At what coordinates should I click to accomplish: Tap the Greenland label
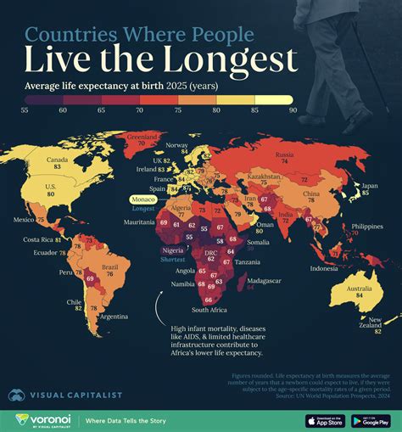click(x=142, y=136)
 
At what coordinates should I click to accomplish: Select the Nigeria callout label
click(x=175, y=251)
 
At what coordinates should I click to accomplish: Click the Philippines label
click(x=366, y=225)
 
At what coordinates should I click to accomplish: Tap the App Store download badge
click(x=325, y=420)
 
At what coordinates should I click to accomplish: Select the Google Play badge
click(x=370, y=420)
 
